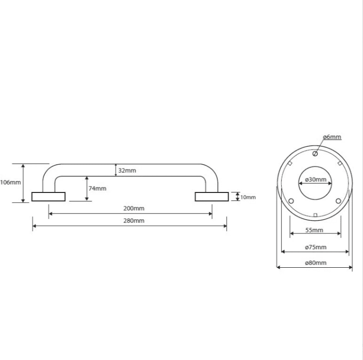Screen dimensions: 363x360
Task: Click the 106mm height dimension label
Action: (x=10, y=182)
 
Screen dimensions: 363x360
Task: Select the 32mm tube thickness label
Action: (x=127, y=171)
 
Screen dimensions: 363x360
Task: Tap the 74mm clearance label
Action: (x=97, y=188)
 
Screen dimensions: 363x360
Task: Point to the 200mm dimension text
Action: (x=134, y=208)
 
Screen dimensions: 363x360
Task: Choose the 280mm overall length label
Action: (x=134, y=221)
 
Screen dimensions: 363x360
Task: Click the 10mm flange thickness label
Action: (x=248, y=197)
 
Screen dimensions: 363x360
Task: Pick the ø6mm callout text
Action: (x=332, y=137)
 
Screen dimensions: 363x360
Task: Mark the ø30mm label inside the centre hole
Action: (x=316, y=180)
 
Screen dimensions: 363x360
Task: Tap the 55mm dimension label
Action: (x=314, y=230)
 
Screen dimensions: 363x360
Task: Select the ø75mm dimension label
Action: (x=316, y=247)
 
